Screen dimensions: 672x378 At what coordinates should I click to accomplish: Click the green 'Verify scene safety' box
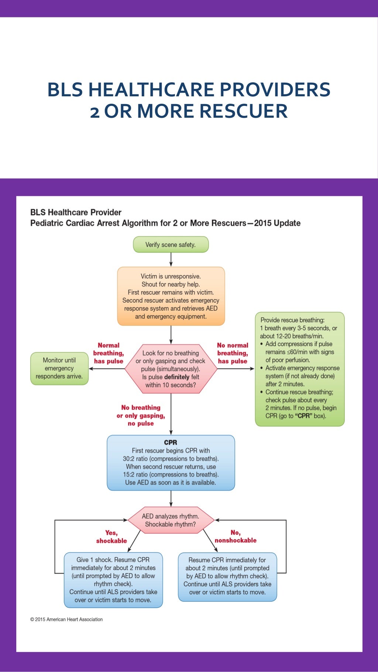[x=171, y=245]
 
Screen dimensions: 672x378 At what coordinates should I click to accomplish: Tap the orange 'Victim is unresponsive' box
[x=171, y=296]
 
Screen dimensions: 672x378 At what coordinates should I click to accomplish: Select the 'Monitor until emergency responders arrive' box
[x=59, y=368]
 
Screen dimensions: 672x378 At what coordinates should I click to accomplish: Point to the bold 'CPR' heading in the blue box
[x=171, y=442]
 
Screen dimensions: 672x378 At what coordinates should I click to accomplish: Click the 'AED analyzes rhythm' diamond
[x=171, y=520]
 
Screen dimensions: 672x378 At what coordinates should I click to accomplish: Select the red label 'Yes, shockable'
[x=111, y=537]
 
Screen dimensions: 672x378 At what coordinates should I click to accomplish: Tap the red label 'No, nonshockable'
[x=236, y=537]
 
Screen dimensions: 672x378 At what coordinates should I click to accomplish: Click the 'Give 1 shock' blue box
[x=113, y=580]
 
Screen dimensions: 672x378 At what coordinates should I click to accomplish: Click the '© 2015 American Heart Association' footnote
[x=66, y=619]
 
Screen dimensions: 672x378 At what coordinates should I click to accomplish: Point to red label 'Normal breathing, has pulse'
[x=109, y=353]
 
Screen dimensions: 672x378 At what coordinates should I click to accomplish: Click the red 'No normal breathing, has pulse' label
[x=233, y=353]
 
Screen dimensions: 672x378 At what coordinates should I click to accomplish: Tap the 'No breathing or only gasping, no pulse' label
[x=141, y=416]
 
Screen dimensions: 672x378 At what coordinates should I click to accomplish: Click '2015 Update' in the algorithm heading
[x=277, y=223]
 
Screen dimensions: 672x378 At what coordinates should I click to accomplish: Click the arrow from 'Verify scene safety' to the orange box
[x=171, y=259]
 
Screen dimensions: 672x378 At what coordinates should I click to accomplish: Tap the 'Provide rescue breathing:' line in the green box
[x=292, y=320]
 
